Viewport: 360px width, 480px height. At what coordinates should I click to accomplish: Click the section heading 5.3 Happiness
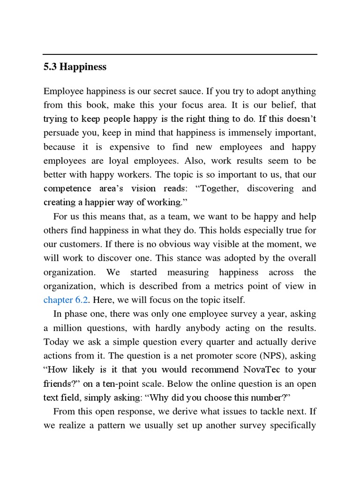(x=75, y=67)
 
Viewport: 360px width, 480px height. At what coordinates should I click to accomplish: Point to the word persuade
(x=61, y=133)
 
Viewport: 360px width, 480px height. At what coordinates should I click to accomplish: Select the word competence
(x=67, y=188)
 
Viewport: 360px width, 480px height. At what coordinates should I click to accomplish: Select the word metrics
(x=222, y=286)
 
